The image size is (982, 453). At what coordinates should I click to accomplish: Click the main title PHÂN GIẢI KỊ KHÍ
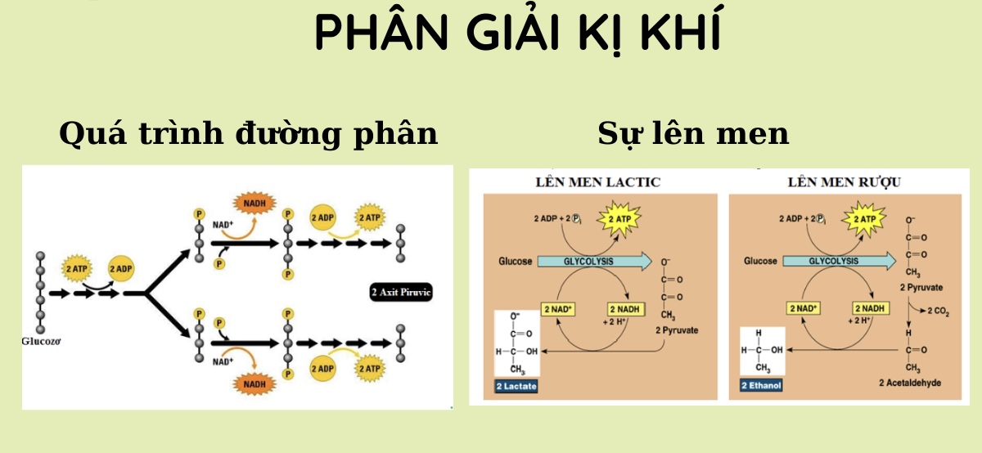click(518, 33)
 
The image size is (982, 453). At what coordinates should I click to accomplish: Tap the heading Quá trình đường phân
click(249, 133)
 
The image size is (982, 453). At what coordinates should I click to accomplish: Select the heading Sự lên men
click(693, 133)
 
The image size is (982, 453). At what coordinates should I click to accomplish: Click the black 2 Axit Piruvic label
click(401, 292)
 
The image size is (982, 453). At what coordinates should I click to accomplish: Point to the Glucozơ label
click(41, 341)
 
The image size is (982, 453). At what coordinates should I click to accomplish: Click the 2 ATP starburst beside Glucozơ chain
click(77, 268)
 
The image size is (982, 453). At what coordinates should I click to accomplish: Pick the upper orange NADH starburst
click(255, 204)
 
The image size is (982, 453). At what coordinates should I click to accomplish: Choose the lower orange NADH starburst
click(255, 384)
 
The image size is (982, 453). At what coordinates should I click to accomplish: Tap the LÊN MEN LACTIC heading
click(598, 182)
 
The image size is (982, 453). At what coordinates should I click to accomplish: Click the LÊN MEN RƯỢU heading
click(845, 182)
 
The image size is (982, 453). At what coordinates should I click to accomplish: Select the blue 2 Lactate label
click(516, 386)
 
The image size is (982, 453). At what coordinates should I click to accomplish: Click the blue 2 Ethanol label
click(761, 385)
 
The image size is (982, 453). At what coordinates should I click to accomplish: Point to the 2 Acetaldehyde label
click(910, 383)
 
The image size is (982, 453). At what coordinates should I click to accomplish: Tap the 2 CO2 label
click(938, 311)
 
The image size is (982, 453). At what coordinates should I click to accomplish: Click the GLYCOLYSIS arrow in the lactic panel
click(594, 262)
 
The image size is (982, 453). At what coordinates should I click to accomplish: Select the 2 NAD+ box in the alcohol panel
click(803, 308)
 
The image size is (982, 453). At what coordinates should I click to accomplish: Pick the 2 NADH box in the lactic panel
click(625, 309)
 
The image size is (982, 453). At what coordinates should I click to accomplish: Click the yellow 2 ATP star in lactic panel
click(619, 219)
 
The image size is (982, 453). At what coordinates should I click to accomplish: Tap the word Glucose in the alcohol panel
click(760, 261)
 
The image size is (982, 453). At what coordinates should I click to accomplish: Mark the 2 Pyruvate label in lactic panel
click(677, 330)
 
